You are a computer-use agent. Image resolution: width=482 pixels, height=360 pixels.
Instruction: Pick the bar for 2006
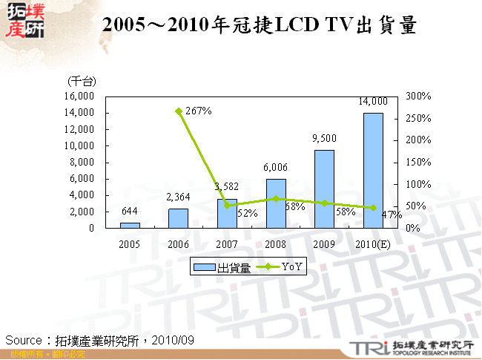click(x=178, y=218)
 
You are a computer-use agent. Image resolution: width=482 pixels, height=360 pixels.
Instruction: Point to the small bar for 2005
click(x=130, y=225)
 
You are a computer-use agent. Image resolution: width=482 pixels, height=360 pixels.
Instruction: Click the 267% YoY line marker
click(x=179, y=111)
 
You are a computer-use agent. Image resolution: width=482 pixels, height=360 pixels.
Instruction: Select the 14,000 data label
click(x=372, y=102)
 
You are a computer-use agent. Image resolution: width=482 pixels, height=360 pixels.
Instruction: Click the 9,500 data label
click(x=324, y=138)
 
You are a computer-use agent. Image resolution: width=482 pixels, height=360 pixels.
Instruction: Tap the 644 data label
click(x=130, y=212)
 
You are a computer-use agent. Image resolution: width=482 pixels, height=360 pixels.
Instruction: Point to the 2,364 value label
click(x=178, y=197)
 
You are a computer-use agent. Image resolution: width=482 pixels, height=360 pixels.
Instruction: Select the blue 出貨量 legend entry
click(x=222, y=267)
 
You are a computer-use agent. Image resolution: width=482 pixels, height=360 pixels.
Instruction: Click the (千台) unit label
click(x=82, y=80)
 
